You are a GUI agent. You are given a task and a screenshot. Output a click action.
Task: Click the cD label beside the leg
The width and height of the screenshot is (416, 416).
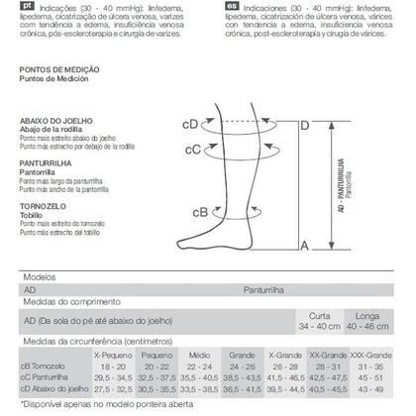click(189, 126)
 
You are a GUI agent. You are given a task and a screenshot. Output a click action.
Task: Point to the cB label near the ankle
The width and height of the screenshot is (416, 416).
click(199, 211)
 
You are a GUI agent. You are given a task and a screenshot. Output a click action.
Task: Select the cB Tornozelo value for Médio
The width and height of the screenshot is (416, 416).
click(200, 364)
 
